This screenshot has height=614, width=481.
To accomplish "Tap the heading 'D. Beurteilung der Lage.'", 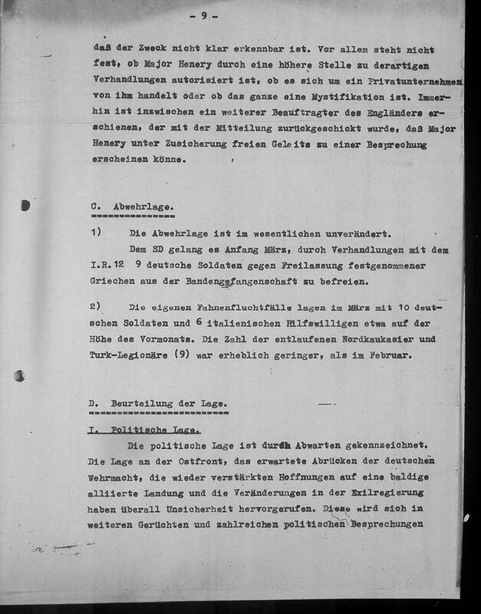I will pos(157,404).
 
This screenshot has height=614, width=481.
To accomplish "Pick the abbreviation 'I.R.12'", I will pos(105,265).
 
